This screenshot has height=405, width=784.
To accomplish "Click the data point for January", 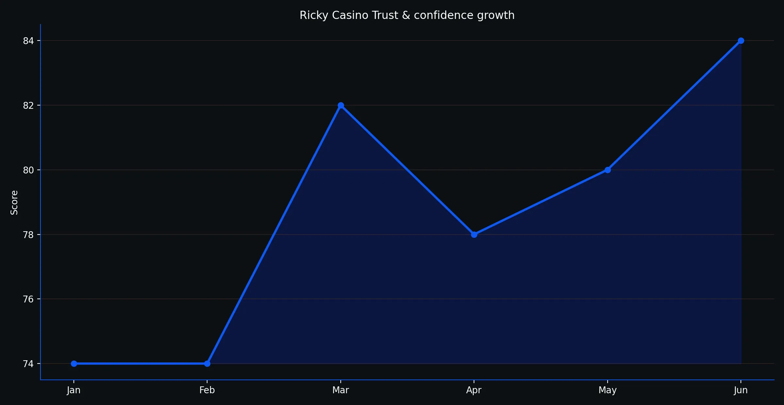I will click(74, 364).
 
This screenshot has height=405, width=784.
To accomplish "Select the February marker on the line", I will click(207, 364).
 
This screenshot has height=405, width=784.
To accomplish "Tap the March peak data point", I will click(341, 105).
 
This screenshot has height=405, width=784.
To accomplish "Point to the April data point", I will click(474, 235).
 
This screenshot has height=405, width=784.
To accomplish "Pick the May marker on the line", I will click(608, 170).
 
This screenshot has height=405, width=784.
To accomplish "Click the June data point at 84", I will click(741, 40).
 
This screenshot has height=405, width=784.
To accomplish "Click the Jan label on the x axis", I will click(74, 390).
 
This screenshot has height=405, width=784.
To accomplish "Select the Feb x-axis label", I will click(207, 390).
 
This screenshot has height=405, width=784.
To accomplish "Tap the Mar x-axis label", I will click(341, 390).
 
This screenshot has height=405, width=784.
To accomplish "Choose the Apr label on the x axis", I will click(474, 390).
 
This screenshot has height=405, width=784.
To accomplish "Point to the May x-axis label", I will click(608, 390).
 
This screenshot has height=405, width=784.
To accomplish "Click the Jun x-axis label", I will click(741, 390).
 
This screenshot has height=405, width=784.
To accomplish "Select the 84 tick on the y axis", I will click(28, 41).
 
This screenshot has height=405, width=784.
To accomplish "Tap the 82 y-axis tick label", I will click(28, 105).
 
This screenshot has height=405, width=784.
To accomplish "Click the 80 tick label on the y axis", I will click(28, 170).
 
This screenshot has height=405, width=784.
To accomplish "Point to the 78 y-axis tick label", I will click(28, 235).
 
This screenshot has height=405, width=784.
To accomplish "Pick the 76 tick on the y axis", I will click(28, 299).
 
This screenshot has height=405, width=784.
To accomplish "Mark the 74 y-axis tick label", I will click(28, 364).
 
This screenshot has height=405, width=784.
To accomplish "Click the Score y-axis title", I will click(14, 202).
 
